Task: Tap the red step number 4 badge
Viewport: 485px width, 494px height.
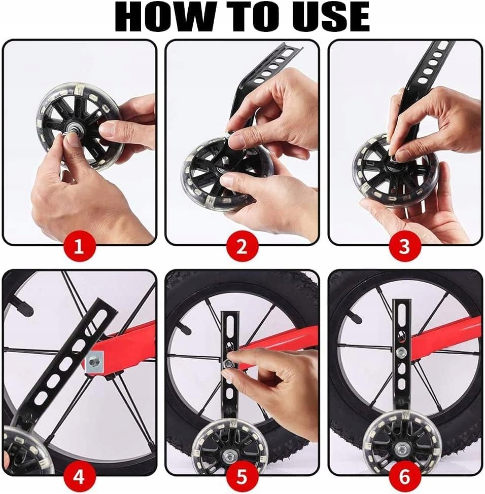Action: (x=79, y=477)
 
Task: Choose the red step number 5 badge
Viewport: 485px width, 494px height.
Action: (x=242, y=477)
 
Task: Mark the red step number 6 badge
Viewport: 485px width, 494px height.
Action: (x=405, y=477)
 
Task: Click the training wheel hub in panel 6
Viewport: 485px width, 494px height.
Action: (x=401, y=447)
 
